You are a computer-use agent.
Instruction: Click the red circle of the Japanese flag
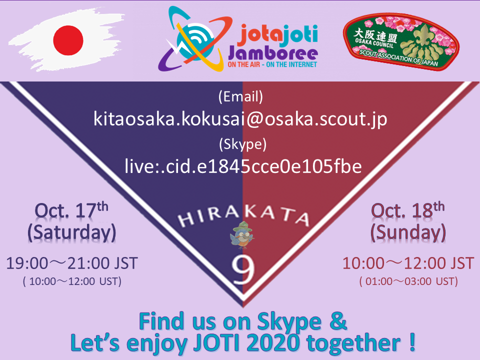[68, 40]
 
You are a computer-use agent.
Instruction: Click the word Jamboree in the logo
[273, 53]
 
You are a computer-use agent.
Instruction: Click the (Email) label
[240, 96]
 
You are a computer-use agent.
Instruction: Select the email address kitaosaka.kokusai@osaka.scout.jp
[240, 119]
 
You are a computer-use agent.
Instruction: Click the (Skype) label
[242, 144]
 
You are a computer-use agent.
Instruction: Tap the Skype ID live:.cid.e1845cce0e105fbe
[243, 166]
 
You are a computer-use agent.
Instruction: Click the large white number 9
[243, 269]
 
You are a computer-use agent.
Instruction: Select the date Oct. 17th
[71, 210]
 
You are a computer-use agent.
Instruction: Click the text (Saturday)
[72, 232]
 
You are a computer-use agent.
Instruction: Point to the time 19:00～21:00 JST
[72, 263]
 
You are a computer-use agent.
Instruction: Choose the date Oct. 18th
[408, 210]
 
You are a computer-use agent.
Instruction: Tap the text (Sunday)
[408, 232]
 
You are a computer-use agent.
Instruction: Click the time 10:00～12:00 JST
[408, 263]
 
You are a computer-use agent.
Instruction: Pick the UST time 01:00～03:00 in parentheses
[408, 281]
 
